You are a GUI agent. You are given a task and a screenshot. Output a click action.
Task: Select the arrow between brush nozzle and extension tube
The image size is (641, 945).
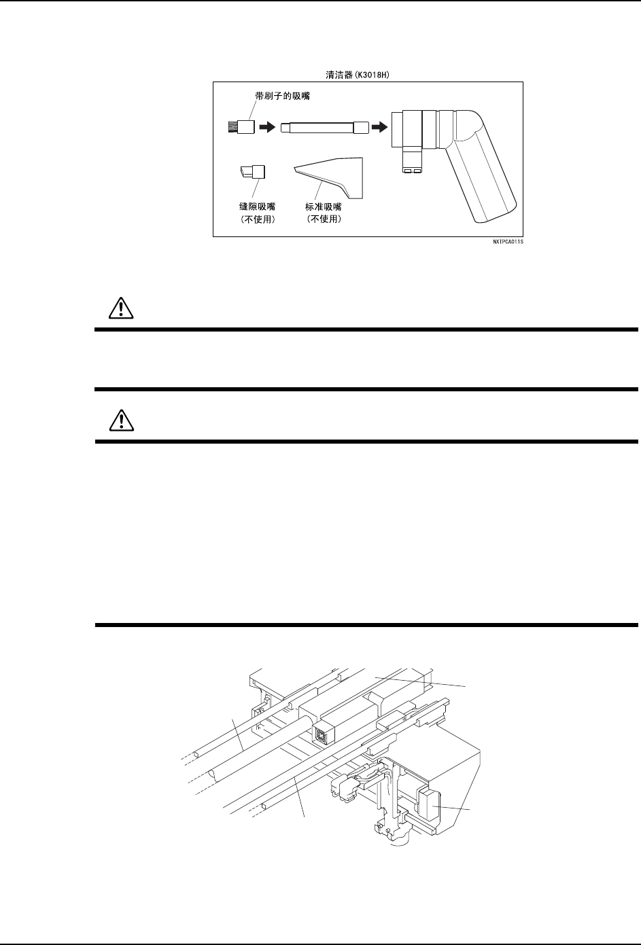pyautogui.click(x=267, y=127)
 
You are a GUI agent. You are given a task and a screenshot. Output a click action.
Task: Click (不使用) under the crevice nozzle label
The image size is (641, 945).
pyautogui.click(x=254, y=219)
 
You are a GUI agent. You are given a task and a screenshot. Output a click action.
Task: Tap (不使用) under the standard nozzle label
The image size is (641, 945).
pyautogui.click(x=324, y=219)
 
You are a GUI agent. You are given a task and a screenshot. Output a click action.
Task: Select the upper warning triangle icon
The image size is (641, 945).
pyautogui.click(x=120, y=310)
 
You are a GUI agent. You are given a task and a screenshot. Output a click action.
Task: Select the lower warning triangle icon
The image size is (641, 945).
pyautogui.click(x=120, y=421)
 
